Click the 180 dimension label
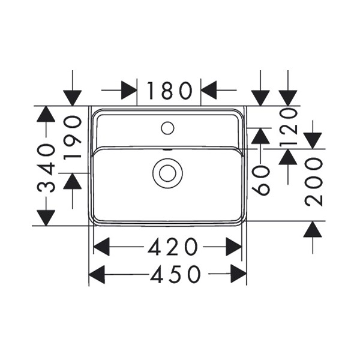point(169,91)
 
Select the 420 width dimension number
point(173,247)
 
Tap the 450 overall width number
point(175,274)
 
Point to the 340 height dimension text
point(46,167)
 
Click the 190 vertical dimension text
point(73,138)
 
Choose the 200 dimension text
point(314,182)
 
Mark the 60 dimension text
point(260,181)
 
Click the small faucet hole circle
point(167,128)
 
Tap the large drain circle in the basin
point(167,173)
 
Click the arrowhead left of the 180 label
point(129,90)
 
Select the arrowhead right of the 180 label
point(209,90)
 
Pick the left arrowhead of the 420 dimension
point(101,247)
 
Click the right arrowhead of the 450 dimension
point(239,274)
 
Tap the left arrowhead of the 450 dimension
point(97,274)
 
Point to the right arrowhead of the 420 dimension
point(234,247)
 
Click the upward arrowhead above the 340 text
point(46,114)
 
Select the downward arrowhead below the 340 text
point(46,218)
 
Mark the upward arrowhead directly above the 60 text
point(260,136)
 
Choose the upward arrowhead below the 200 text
point(313,229)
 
